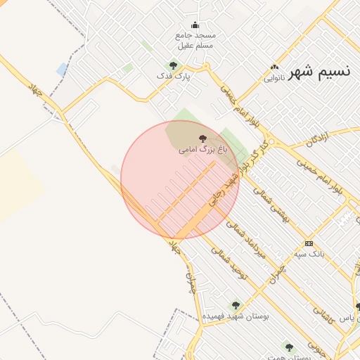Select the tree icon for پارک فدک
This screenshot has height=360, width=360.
173,65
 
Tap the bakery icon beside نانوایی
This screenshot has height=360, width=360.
274,68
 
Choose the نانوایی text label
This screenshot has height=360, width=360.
274,78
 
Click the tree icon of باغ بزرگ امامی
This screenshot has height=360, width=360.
203,139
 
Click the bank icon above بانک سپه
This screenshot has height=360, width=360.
308,243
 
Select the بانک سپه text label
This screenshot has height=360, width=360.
309,253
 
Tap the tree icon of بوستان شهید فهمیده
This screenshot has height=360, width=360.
236,305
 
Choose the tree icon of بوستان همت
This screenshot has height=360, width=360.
288,346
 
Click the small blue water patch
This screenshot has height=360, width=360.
62,70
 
